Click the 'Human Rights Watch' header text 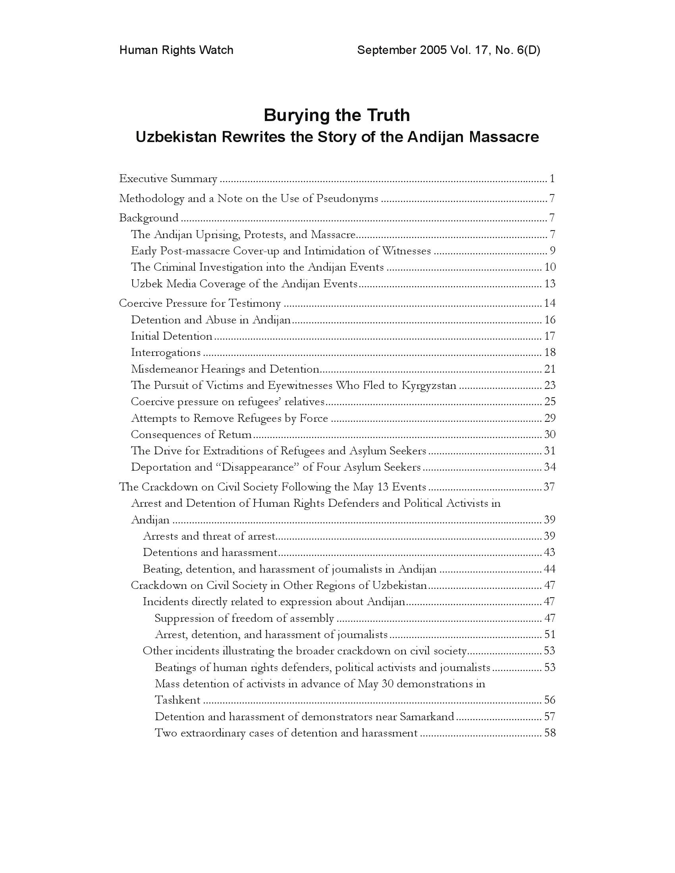tap(176, 50)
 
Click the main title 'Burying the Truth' tap(337, 115)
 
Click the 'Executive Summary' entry tap(168, 179)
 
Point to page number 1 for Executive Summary tap(552, 179)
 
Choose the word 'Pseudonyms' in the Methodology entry tap(347, 198)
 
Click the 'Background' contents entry tap(149, 218)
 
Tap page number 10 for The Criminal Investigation tap(550, 267)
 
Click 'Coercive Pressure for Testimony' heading tap(200, 304)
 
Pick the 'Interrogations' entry tap(166, 352)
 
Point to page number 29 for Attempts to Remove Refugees tap(550, 418)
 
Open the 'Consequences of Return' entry tap(191, 435)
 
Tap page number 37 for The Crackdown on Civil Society tap(550, 487)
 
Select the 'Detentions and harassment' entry tap(210, 552)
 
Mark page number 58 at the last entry tap(550, 733)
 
